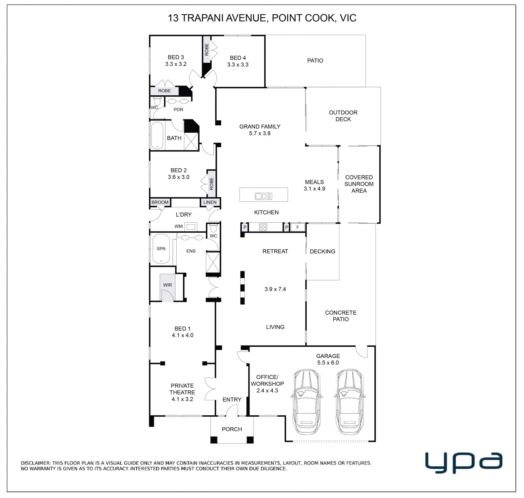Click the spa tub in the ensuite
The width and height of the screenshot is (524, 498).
(161, 249)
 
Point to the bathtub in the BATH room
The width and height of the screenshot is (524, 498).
(157, 135)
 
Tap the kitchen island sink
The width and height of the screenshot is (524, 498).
(263, 196)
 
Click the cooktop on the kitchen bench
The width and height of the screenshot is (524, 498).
(263, 227)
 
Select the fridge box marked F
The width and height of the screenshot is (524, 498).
(297, 227)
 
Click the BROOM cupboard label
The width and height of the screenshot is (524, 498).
(160, 202)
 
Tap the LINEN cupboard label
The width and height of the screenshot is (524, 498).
(210, 202)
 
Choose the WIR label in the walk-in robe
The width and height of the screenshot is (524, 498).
(168, 285)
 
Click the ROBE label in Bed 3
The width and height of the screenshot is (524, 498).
(165, 91)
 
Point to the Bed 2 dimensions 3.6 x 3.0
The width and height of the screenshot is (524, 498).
(179, 177)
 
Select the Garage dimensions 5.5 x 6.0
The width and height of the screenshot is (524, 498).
(328, 363)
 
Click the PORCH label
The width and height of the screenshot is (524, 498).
(232, 429)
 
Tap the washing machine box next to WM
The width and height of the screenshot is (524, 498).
(190, 226)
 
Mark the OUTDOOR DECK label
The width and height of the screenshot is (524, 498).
(343, 116)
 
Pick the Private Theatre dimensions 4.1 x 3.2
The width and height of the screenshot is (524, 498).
(182, 399)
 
